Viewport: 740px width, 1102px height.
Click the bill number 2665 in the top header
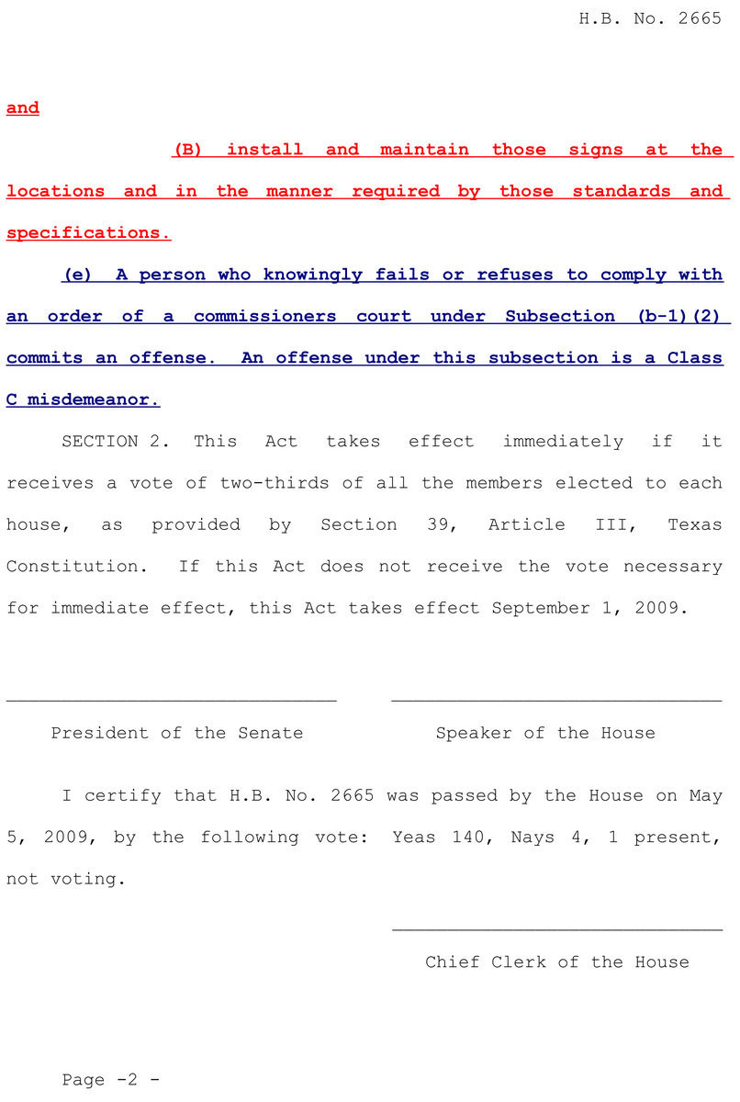(x=700, y=18)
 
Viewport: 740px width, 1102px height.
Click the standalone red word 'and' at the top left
(x=23, y=108)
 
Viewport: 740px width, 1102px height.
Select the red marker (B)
(x=187, y=150)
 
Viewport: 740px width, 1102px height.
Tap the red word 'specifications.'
(x=88, y=233)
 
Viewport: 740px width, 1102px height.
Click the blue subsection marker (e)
(x=76, y=275)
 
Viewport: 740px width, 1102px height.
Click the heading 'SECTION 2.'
(x=116, y=442)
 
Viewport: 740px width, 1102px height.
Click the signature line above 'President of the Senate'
(x=172, y=701)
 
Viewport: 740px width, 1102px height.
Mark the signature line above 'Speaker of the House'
(x=556, y=701)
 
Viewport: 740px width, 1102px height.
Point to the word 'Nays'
(x=533, y=838)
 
